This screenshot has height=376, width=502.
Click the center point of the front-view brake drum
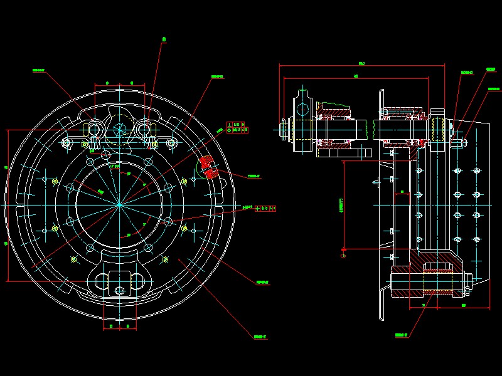pyautogui.click(x=119, y=204)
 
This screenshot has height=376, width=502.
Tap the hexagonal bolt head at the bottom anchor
pyautogui.click(x=119, y=290)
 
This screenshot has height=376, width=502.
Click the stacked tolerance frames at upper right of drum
pyautogui.click(x=237, y=127)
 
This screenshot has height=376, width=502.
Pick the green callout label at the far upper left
pyautogui.click(x=38, y=70)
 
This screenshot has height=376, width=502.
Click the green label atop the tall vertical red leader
pyautogui.click(x=164, y=39)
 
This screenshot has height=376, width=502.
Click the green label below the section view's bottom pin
pyautogui.click(x=402, y=335)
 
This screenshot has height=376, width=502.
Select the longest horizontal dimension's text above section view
pyautogui.click(x=362, y=63)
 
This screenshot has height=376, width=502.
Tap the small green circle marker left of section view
pyautogui.click(x=343, y=255)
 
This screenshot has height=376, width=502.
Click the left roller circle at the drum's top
pyautogui.click(x=95, y=130)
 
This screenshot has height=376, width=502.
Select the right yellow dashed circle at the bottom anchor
pyautogui.click(x=164, y=259)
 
